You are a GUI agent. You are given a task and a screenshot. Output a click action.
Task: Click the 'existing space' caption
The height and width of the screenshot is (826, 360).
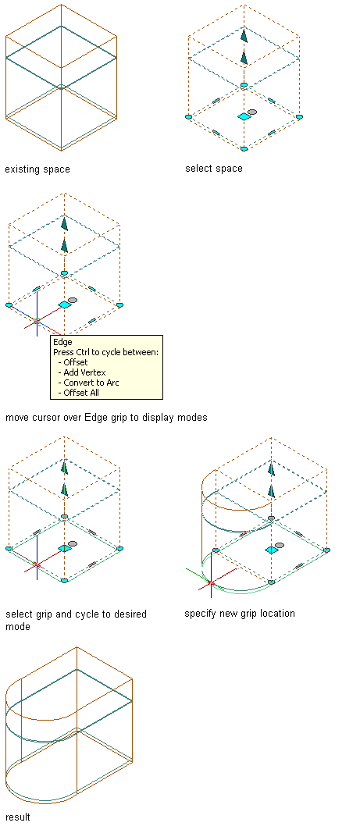coord(37,169)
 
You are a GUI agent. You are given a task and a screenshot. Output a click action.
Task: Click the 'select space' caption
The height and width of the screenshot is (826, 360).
coord(214,169)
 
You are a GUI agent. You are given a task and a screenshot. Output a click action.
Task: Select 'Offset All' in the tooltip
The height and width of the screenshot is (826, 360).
coord(81,393)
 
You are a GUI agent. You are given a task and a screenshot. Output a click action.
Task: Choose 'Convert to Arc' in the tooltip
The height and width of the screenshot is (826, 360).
coord(91,383)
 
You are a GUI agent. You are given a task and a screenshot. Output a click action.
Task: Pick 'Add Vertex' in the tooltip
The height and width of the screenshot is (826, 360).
coord(85,372)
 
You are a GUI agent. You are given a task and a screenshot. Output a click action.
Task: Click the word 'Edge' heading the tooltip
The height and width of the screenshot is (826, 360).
coord(62,343)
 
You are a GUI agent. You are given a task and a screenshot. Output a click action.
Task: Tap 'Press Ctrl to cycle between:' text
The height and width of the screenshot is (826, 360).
coord(106,352)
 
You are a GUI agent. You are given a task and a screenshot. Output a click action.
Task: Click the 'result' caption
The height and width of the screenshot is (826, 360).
coord(17,817)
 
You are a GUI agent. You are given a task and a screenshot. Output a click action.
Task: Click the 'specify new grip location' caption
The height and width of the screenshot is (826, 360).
coord(240,613)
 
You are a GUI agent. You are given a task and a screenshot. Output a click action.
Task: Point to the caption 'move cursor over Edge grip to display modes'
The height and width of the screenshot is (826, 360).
coord(106,418)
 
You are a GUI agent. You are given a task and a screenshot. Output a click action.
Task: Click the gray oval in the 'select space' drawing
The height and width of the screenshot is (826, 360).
coord(252,112)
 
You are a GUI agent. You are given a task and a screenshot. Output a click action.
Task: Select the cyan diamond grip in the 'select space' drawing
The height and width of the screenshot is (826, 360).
coord(244,116)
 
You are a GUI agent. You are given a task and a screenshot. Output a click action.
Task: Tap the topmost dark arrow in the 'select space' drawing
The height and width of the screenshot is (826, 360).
coord(244,35)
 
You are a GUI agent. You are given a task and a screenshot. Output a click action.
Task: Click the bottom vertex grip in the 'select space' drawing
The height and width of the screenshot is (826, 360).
coord(244,149)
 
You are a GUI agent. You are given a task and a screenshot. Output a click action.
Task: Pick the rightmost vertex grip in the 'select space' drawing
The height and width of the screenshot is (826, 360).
coord(299,117)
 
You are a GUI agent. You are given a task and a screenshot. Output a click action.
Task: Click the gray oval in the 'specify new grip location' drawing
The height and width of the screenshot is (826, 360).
coord(280,545)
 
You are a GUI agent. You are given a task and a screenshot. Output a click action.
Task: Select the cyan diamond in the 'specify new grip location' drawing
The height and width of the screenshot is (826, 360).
coord(272,550)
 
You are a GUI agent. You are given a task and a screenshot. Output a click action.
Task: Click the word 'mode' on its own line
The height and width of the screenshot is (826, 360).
coord(18,627)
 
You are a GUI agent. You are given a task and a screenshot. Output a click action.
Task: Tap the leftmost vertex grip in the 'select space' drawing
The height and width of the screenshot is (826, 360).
coord(189,117)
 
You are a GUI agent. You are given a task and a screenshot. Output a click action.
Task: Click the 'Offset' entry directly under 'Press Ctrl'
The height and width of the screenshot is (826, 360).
coord(76,362)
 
